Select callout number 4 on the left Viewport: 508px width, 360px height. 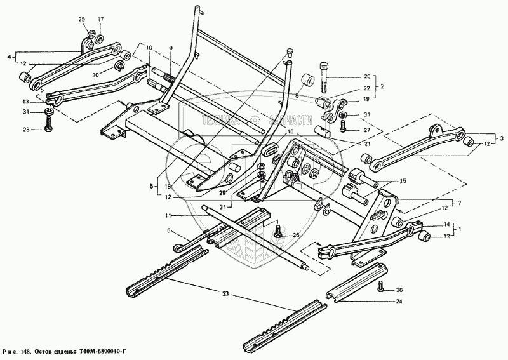pos(9,58)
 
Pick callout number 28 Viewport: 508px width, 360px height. pos(25,130)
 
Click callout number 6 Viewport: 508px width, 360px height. pos(169,231)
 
